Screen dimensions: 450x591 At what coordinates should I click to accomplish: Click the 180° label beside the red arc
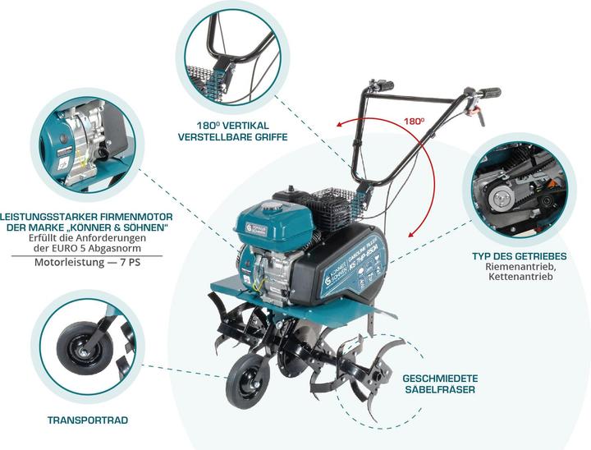click(x=414, y=121)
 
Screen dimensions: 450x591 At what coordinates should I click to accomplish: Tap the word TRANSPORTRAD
click(x=88, y=420)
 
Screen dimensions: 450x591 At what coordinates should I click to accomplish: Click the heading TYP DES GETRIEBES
click(x=519, y=256)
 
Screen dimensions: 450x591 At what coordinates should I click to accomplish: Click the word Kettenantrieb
click(x=520, y=278)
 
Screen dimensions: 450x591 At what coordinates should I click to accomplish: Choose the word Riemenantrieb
click(x=520, y=267)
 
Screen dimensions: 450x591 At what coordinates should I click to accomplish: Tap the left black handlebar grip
click(x=382, y=85)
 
